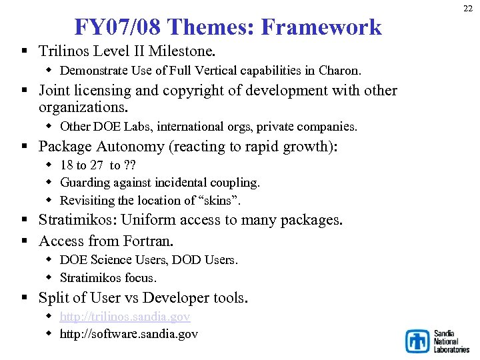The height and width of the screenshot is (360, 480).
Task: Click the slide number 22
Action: [x=468, y=7]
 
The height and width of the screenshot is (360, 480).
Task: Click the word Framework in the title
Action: [x=321, y=27]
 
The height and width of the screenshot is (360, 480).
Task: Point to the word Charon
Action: [x=339, y=70]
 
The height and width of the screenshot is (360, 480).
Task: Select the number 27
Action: [x=96, y=165]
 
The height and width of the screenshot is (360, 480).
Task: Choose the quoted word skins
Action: [x=221, y=200]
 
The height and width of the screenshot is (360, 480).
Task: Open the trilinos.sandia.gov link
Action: [x=125, y=317]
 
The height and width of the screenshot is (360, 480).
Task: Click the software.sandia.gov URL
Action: [x=129, y=334]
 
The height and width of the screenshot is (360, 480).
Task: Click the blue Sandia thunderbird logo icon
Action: [x=418, y=341]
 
